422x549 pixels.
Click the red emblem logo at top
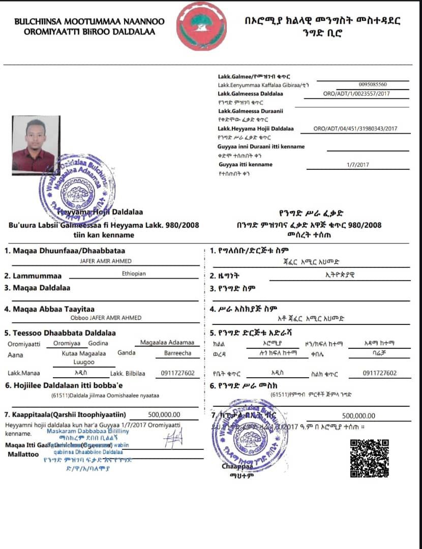[x=201, y=26]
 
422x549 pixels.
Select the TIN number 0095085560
[x=372, y=84]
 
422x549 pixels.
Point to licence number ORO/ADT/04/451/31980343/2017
[x=355, y=129]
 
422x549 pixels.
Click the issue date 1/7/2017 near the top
[x=358, y=165]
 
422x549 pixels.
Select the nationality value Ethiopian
[x=134, y=273]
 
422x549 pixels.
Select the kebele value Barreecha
[x=177, y=353]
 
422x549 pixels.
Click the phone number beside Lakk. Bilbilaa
[x=176, y=373]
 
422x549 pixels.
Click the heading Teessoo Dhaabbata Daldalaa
[x=60, y=333]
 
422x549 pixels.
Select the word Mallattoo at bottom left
[x=23, y=454]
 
